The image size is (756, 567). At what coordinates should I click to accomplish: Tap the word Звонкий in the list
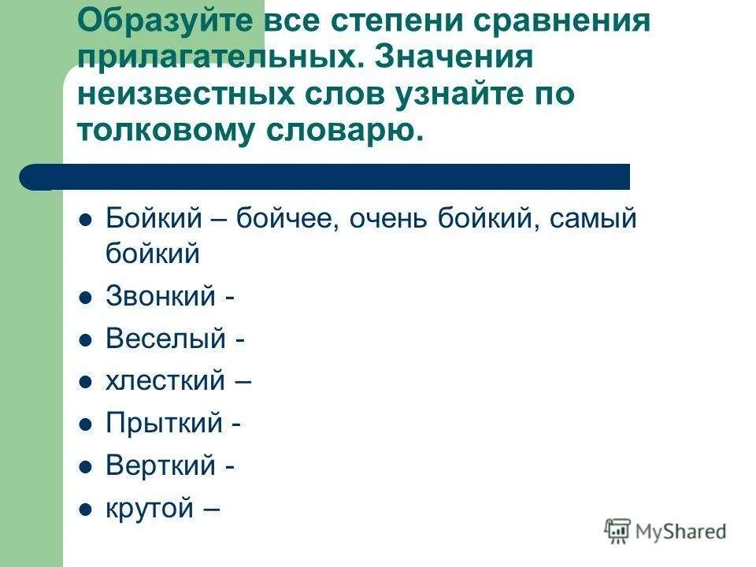[x=161, y=297]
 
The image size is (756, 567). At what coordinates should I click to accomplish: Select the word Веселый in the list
[x=165, y=339]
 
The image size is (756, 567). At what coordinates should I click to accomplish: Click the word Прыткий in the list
[x=164, y=424]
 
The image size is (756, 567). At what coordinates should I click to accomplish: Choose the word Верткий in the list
[x=161, y=466]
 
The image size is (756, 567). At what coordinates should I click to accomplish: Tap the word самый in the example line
[x=581, y=218]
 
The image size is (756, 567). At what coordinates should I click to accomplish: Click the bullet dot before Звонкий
[x=86, y=298]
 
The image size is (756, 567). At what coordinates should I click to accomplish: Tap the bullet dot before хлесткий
[x=86, y=383]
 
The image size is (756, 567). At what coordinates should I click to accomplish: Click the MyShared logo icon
[x=618, y=532]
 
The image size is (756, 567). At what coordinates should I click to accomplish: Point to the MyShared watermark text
[x=681, y=532]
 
